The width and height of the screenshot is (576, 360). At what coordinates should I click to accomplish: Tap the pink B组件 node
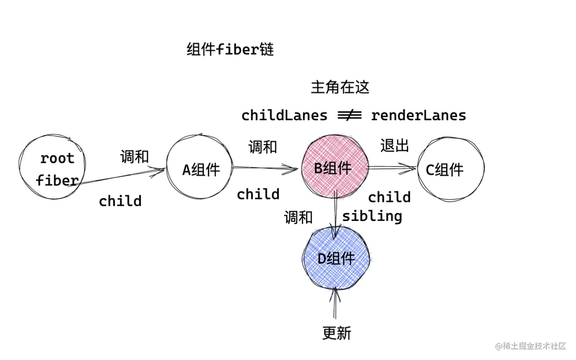click(x=334, y=167)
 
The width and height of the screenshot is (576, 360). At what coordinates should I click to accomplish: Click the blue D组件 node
click(x=336, y=258)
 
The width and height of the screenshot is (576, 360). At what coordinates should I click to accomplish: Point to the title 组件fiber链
click(x=230, y=49)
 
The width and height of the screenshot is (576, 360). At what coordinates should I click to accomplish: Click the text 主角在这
click(x=340, y=87)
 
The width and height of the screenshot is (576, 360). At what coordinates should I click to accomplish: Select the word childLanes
click(x=284, y=116)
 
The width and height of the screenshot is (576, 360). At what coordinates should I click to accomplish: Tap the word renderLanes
click(x=418, y=116)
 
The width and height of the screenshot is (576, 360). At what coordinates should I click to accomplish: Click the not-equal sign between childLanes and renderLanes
click(x=349, y=116)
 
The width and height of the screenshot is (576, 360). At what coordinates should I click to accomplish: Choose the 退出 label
click(x=394, y=145)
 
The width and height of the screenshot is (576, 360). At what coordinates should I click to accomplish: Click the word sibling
click(x=372, y=216)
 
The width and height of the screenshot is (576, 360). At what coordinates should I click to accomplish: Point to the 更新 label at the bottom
click(x=337, y=333)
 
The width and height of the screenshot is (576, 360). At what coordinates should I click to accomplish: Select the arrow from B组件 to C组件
click(x=392, y=167)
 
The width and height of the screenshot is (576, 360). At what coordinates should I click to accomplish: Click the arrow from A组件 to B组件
click(x=265, y=167)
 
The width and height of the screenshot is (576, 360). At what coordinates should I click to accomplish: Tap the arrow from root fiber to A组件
click(x=119, y=177)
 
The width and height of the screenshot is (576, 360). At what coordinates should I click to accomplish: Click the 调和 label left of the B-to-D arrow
click(x=298, y=217)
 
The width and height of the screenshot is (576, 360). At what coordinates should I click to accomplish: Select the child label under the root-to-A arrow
click(x=120, y=201)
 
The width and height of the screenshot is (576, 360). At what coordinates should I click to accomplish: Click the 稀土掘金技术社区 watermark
click(x=531, y=346)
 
